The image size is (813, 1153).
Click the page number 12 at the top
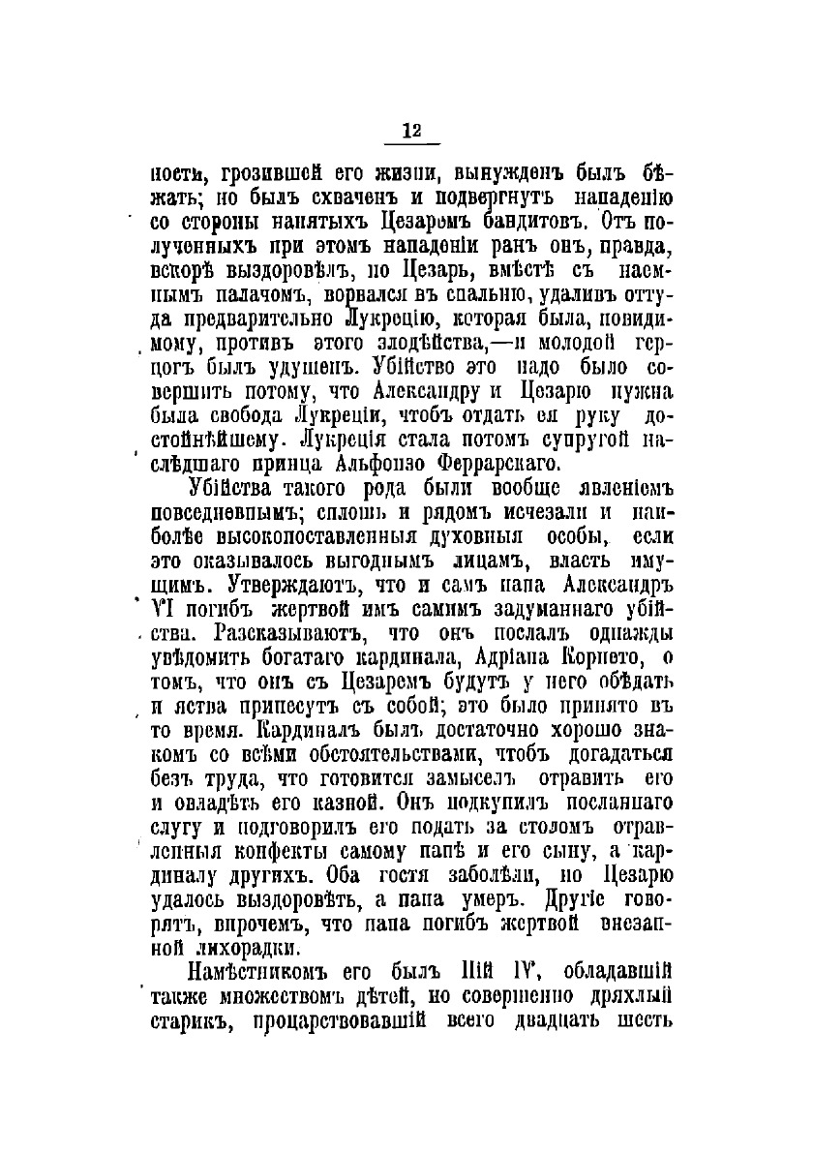411,132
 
